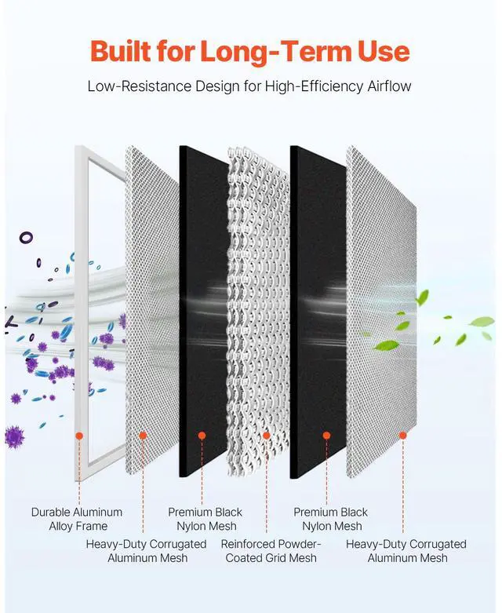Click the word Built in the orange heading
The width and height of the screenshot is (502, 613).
[123, 52]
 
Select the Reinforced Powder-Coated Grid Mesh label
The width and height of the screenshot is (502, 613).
[271, 550]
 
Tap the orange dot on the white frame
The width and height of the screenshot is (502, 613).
[78, 435]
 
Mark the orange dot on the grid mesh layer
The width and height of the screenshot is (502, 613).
[267, 435]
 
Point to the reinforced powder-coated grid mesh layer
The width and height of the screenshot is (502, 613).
[259, 314]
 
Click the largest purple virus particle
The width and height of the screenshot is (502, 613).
[16, 436]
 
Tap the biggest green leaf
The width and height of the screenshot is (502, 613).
[481, 321]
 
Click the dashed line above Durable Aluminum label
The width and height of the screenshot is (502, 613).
[78, 471]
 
